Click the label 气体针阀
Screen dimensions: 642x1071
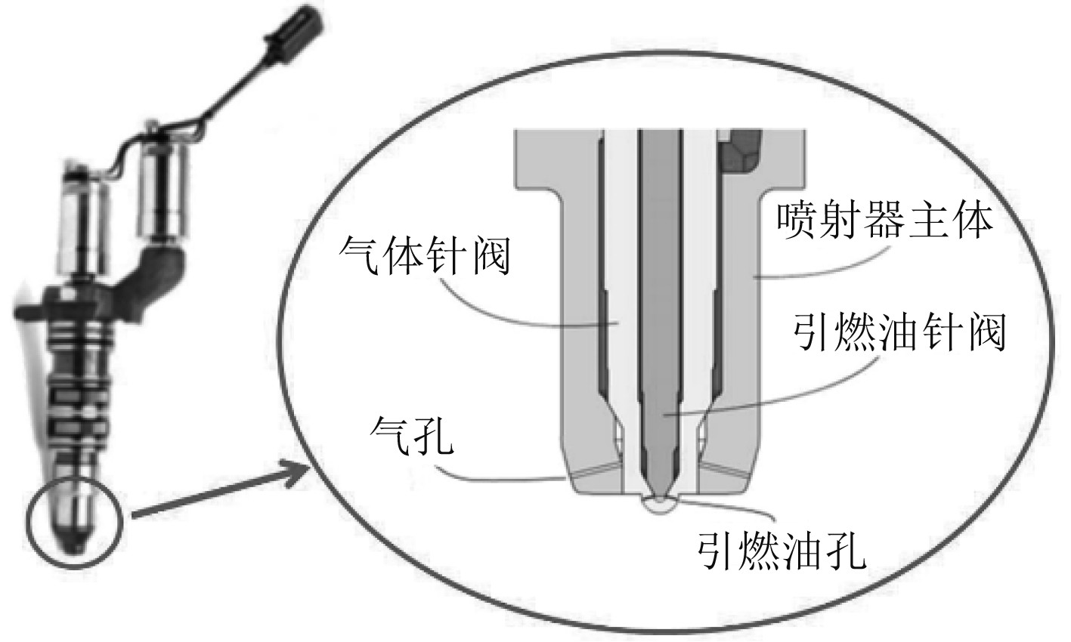[x=426, y=257]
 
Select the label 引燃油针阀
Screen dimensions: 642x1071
[x=899, y=333]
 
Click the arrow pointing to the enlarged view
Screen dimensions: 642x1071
[x=219, y=495]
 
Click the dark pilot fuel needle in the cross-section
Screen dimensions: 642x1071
[x=658, y=302]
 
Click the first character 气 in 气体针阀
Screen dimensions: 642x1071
[x=360, y=257]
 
